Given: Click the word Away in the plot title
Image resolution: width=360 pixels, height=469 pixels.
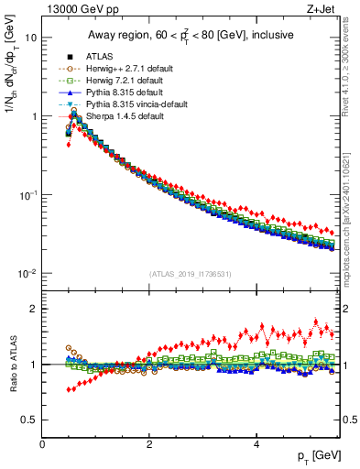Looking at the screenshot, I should [103, 36].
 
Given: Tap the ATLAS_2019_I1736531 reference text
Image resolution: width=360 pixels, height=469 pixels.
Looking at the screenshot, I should [191, 274].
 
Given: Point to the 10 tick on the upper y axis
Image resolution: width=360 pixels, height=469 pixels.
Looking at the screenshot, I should [31, 38].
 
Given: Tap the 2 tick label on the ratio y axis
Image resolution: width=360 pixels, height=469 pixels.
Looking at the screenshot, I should [33, 309].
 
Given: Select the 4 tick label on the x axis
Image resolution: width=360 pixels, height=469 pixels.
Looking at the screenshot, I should [256, 444].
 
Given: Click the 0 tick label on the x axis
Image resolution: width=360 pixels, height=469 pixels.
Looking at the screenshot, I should [42, 444].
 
